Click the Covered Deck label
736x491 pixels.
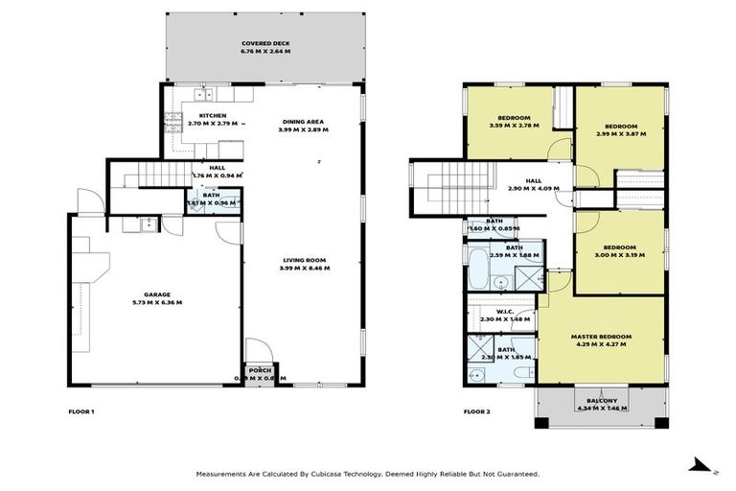pos(266,44)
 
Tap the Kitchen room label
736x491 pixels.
pos(212,116)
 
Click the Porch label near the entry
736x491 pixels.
pos(259,370)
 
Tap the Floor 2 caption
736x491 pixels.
pos(476,411)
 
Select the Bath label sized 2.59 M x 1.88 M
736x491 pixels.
pos(514,247)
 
